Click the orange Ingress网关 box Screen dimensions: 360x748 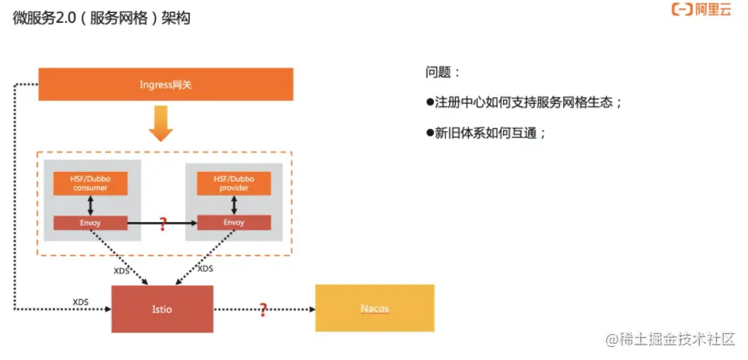pyautogui.click(x=166, y=84)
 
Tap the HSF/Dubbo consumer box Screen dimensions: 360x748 pyautogui.click(x=90, y=183)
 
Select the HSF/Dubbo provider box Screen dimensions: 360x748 pyautogui.click(x=234, y=183)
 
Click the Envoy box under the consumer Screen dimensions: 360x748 pyautogui.click(x=90, y=222)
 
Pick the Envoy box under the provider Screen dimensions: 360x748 pyautogui.click(x=234, y=222)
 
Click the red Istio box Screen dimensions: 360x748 pyautogui.click(x=161, y=309)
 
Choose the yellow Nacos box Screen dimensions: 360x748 pyautogui.click(x=374, y=308)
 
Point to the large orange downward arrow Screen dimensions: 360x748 pyautogui.click(x=161, y=123)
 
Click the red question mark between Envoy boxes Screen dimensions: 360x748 pyautogui.click(x=162, y=223)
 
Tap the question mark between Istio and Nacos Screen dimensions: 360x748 pyautogui.click(x=263, y=309)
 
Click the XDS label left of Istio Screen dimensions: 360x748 pyautogui.click(x=80, y=302)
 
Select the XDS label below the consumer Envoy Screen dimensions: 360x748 pyautogui.click(x=122, y=270)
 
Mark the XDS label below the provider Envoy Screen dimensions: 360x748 pyautogui.click(x=205, y=268)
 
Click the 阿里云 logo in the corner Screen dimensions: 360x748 pyautogui.click(x=701, y=11)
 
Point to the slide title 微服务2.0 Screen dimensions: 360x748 pyautogui.click(x=101, y=18)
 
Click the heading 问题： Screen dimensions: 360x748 pyautogui.click(x=443, y=72)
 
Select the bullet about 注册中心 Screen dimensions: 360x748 pyautogui.click(x=524, y=103)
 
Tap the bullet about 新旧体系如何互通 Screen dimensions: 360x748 pyautogui.click(x=486, y=133)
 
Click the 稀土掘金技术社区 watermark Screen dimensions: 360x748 pyautogui.click(x=668, y=340)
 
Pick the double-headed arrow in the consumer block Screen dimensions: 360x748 pyautogui.click(x=90, y=204)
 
